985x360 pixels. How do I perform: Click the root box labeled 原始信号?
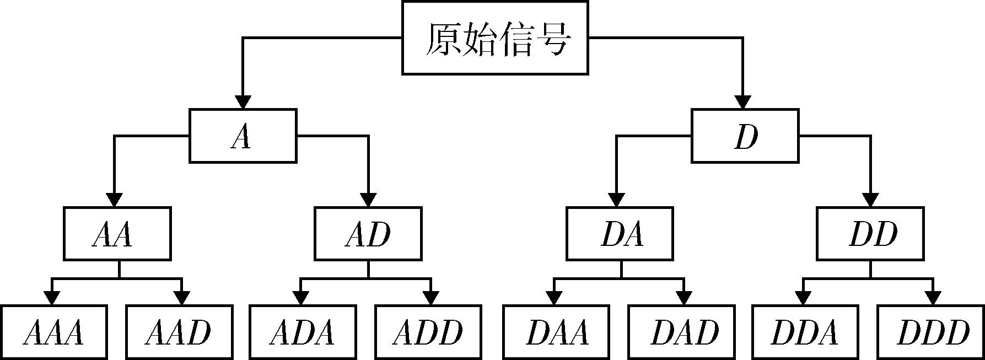(495, 38)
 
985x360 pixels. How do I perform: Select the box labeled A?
(243, 136)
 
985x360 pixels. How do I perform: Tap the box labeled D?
(745, 136)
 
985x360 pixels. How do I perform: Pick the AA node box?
(117, 234)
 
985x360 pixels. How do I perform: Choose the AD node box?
(368, 234)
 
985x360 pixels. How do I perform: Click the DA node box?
(620, 234)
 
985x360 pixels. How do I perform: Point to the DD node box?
(870, 234)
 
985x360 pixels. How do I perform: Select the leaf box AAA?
(53, 332)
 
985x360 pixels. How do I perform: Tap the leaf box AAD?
(179, 332)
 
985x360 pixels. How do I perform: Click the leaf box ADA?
(302, 332)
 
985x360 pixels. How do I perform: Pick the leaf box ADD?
(428, 332)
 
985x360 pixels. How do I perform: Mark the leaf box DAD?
(681, 332)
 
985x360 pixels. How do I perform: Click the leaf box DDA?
(805, 332)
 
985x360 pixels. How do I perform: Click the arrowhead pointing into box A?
(243, 102)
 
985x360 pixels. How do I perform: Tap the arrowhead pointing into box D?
(743, 102)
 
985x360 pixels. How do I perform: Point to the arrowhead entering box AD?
(368, 200)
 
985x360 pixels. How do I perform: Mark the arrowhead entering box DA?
(617, 200)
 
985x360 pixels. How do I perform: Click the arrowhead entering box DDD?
(933, 298)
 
